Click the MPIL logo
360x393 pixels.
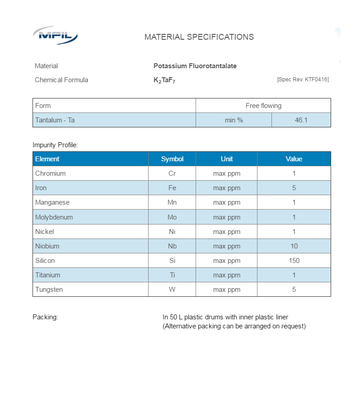tap(55, 35)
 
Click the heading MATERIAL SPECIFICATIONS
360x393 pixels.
tap(199, 37)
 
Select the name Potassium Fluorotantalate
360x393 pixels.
tap(195, 66)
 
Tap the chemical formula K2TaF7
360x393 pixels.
tap(164, 80)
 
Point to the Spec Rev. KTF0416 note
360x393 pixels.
tap(303, 80)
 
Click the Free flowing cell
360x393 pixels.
tap(263, 106)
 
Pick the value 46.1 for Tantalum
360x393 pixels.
tap(301, 120)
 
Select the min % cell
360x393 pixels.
tap(234, 120)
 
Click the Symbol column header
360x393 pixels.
tap(172, 159)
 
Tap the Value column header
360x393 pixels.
tap(294, 159)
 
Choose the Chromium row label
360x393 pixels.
tap(50, 173)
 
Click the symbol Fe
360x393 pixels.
tap(172, 188)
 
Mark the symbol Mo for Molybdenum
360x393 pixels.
tap(172, 217)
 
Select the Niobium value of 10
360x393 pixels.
tap(294, 246)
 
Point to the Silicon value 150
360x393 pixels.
tap(294, 261)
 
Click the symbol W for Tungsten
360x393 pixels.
tap(172, 290)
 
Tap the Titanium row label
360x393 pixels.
tap(47, 275)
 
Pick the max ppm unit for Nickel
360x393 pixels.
tap(227, 232)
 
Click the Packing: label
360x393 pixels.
tap(45, 317)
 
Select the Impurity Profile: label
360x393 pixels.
tap(55, 145)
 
